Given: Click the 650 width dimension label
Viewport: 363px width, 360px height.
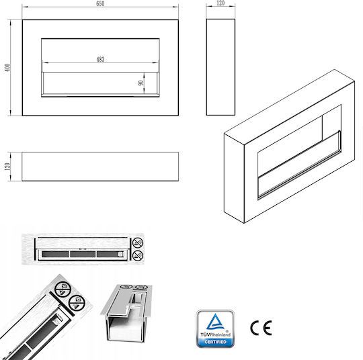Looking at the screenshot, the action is [x=100, y=4].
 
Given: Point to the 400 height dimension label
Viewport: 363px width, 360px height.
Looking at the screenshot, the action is [x=7, y=67].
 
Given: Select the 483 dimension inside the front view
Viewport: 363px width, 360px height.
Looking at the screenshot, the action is [x=100, y=60].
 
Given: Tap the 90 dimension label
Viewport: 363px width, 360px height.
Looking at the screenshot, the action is [x=140, y=83].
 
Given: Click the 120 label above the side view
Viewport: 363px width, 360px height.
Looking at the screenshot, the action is [x=220, y=3].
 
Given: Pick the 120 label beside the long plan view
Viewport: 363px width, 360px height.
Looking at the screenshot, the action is [x=7, y=167].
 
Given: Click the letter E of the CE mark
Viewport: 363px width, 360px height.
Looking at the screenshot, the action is [x=268, y=328].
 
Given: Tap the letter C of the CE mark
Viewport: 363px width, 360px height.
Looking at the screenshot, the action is [x=255, y=328].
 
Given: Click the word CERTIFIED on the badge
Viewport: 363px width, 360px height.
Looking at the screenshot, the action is [x=215, y=342].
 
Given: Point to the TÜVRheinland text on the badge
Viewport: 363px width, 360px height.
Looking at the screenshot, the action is [x=215, y=334].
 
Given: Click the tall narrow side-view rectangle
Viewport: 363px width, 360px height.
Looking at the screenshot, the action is [x=220, y=67].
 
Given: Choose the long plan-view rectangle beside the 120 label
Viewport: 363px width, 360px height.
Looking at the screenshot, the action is [x=100, y=167].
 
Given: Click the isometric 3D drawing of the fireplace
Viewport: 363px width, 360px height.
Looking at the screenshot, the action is [x=289, y=146].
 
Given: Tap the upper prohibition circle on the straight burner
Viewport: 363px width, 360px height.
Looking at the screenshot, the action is [x=138, y=242].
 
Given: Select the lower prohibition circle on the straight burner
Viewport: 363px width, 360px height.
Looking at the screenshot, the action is [x=138, y=255].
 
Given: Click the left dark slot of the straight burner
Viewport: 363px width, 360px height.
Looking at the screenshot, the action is [x=55, y=255].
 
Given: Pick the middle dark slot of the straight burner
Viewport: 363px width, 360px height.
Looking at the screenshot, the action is [x=83, y=255].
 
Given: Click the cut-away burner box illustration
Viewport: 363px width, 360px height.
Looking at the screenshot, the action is [x=126, y=313].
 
